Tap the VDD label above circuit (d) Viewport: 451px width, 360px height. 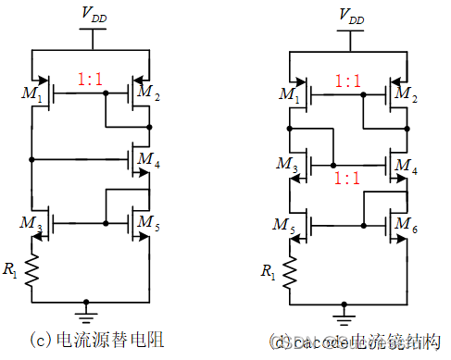coord(351,16)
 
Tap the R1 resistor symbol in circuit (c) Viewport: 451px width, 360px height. coord(34,269)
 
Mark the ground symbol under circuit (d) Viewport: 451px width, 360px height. coord(345,307)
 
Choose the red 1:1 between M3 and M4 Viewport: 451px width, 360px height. coord(348,176)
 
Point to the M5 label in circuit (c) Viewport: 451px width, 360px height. coord(148,222)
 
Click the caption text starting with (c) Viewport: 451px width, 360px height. coord(89,340)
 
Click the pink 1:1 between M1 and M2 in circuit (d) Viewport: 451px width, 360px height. coord(348,81)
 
